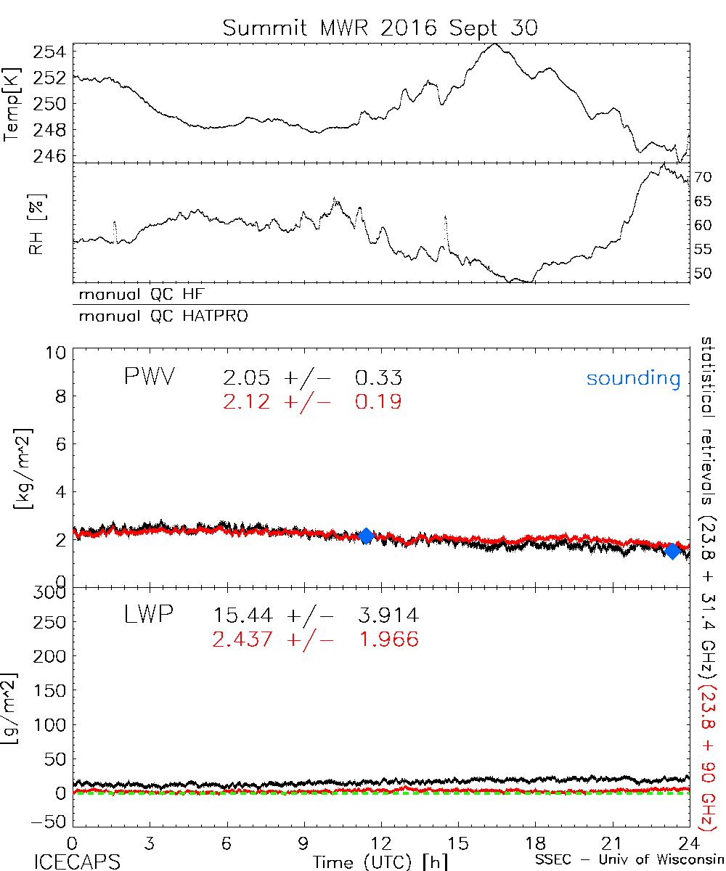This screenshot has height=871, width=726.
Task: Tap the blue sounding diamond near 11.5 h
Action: click(x=367, y=536)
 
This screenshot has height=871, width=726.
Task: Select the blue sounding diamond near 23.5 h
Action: click(x=673, y=551)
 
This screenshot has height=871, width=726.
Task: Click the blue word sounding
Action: click(x=634, y=378)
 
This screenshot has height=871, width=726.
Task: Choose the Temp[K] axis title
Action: click(x=12, y=105)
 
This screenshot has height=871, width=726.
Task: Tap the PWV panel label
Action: click(x=149, y=378)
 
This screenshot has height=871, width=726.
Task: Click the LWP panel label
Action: click(x=147, y=616)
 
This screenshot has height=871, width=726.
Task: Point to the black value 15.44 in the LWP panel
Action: click(x=243, y=616)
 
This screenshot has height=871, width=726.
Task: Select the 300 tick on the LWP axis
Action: click(x=51, y=594)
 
